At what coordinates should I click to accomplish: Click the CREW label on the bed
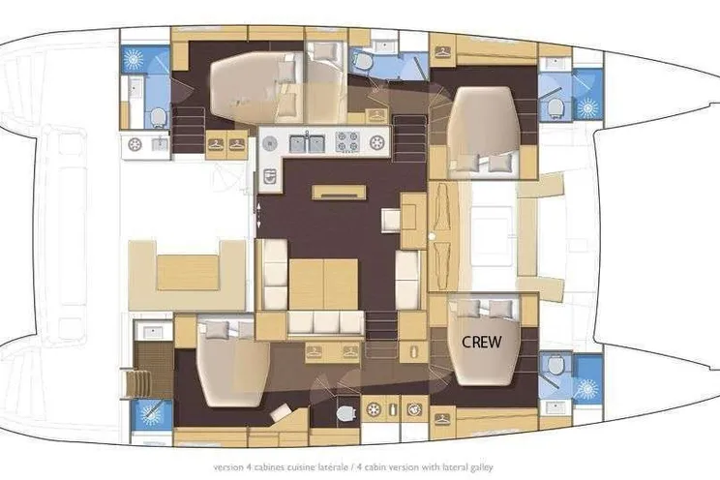tap(482, 342)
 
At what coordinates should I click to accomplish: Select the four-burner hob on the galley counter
tap(347, 142)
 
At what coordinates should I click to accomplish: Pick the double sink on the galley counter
tap(307, 143)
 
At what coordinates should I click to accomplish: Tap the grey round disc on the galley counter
tap(270, 144)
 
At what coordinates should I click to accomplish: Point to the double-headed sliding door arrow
tap(258, 214)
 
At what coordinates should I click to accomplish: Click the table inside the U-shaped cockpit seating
tap(188, 273)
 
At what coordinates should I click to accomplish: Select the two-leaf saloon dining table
tap(323, 284)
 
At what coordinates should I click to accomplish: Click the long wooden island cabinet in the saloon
tap(339, 193)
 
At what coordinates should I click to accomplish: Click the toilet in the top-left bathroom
tap(159, 117)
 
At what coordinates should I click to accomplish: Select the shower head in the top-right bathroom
tap(587, 108)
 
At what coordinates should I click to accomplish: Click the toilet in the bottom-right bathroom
tap(555, 366)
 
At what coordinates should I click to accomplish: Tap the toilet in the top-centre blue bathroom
tap(363, 61)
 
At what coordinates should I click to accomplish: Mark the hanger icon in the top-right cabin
tap(442, 51)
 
